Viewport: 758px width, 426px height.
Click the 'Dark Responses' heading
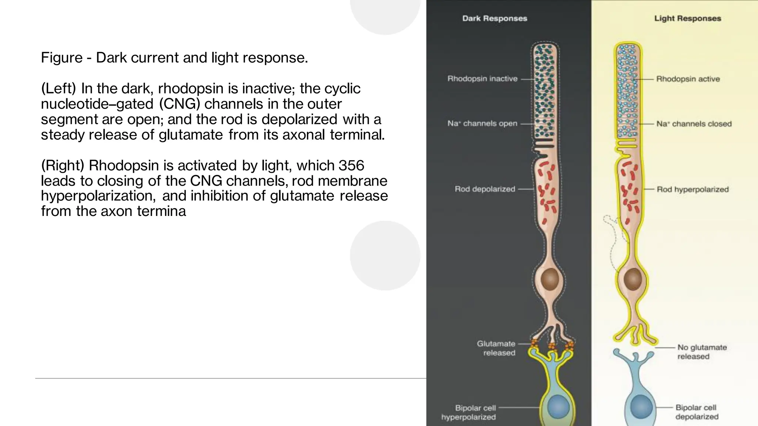pos(494,18)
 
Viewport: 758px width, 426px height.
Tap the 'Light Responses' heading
pos(687,18)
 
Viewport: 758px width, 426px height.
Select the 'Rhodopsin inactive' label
pos(482,79)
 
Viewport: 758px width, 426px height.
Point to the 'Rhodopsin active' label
pos(688,79)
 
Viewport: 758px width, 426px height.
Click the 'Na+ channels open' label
pos(482,124)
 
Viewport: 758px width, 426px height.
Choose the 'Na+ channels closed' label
pos(694,124)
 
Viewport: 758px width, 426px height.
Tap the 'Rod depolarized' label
pos(484,189)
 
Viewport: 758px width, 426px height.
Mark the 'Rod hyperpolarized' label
pos(692,189)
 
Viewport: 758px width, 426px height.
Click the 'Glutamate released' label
pos(496,348)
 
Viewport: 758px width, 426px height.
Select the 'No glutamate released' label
pos(702,352)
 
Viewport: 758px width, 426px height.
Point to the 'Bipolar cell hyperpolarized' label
pos(469,412)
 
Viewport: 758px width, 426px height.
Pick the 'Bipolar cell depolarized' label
pos(697,412)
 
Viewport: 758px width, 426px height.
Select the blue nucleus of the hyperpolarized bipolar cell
pos(558,406)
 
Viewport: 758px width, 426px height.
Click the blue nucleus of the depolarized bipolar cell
pos(641,406)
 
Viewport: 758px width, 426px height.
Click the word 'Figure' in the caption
pos(61,58)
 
